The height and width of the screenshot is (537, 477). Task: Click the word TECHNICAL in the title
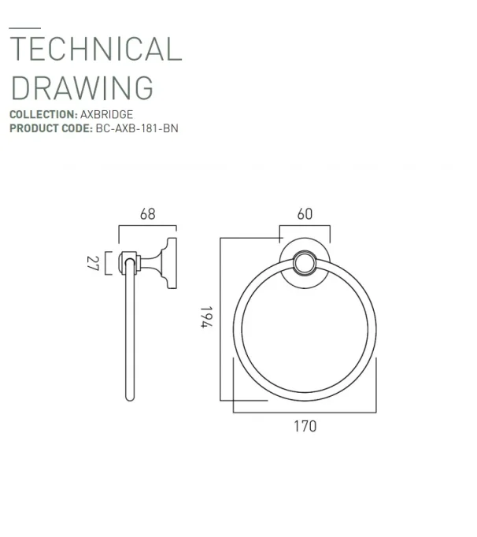[x=95, y=50]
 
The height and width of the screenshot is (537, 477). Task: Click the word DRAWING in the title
[x=82, y=87]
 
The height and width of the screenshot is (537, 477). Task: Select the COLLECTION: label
[x=43, y=115]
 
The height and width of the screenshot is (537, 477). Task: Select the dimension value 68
[x=147, y=213]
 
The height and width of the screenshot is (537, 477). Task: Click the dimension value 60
[x=305, y=213]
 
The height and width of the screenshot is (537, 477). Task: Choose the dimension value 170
[x=305, y=426]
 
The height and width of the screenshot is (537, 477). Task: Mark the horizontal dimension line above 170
[x=305, y=411]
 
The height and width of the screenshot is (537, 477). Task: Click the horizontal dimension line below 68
[x=147, y=226]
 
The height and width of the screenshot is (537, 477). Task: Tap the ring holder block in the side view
[x=127, y=261]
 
